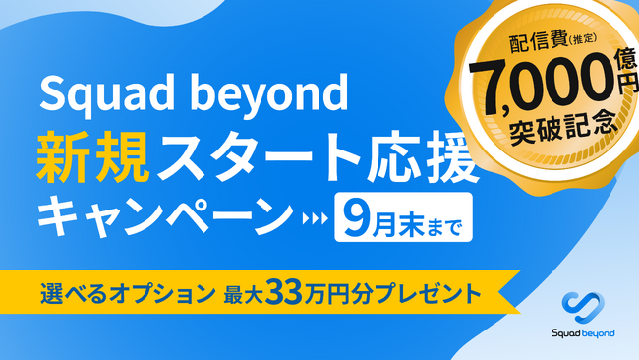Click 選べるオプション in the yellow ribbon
click(125, 293)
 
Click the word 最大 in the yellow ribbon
click(255, 293)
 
